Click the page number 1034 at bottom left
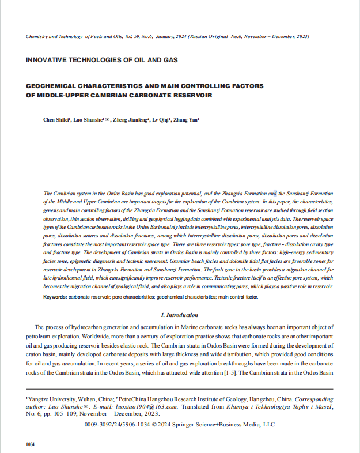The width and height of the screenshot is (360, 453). point(31,444)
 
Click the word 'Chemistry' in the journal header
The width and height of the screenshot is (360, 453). point(39,36)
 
